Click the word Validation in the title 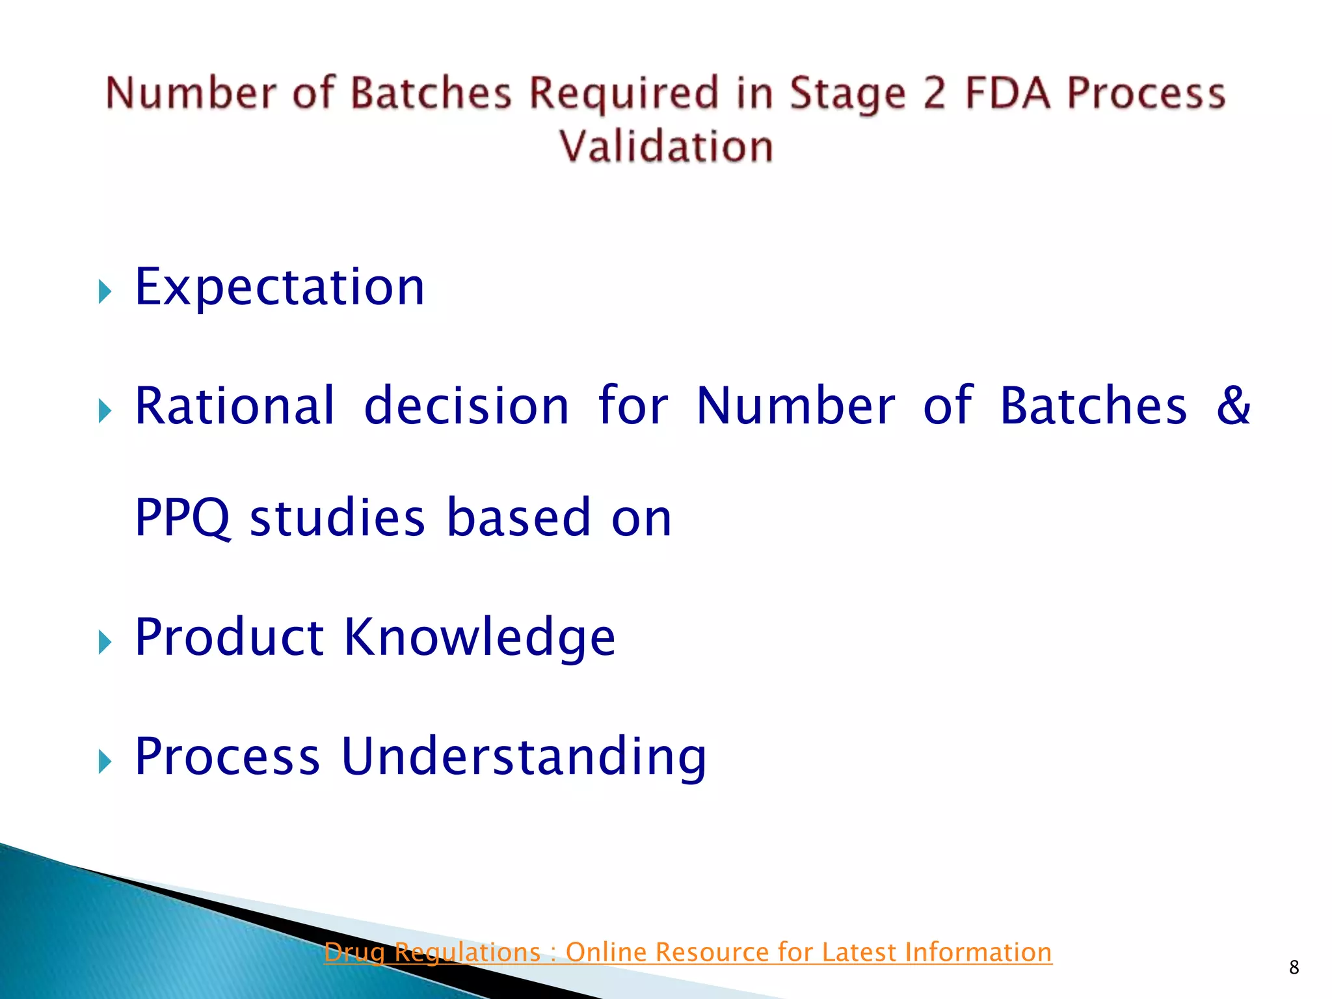(x=666, y=146)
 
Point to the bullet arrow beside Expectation (x=105, y=292)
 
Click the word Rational (x=235, y=406)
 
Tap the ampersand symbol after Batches (x=1233, y=405)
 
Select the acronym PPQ (x=182, y=518)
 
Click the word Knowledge (x=479, y=637)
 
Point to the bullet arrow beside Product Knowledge (x=105, y=643)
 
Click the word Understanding (x=524, y=756)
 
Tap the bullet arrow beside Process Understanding (x=105, y=761)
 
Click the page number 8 (x=1294, y=967)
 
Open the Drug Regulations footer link (x=687, y=952)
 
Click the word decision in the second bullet (x=466, y=406)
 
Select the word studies (x=338, y=518)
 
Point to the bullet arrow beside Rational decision (x=105, y=411)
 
